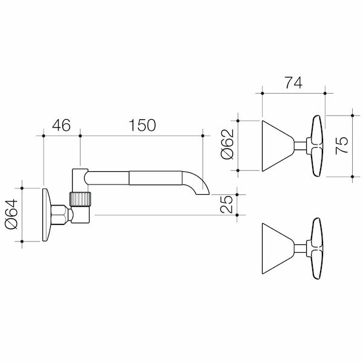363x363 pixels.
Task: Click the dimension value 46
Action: click(x=61, y=125)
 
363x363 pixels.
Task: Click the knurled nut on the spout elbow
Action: click(x=80, y=199)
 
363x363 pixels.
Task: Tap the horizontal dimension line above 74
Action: click(x=293, y=93)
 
